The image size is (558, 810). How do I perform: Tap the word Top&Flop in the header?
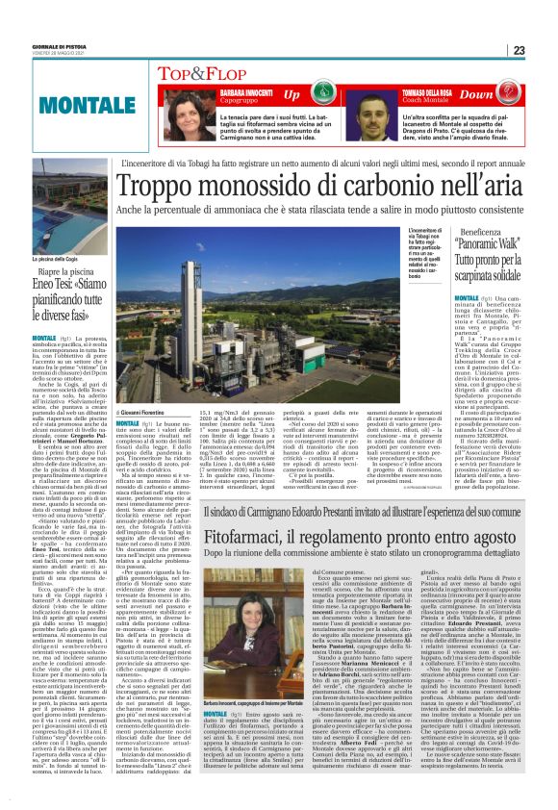tap(198, 73)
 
